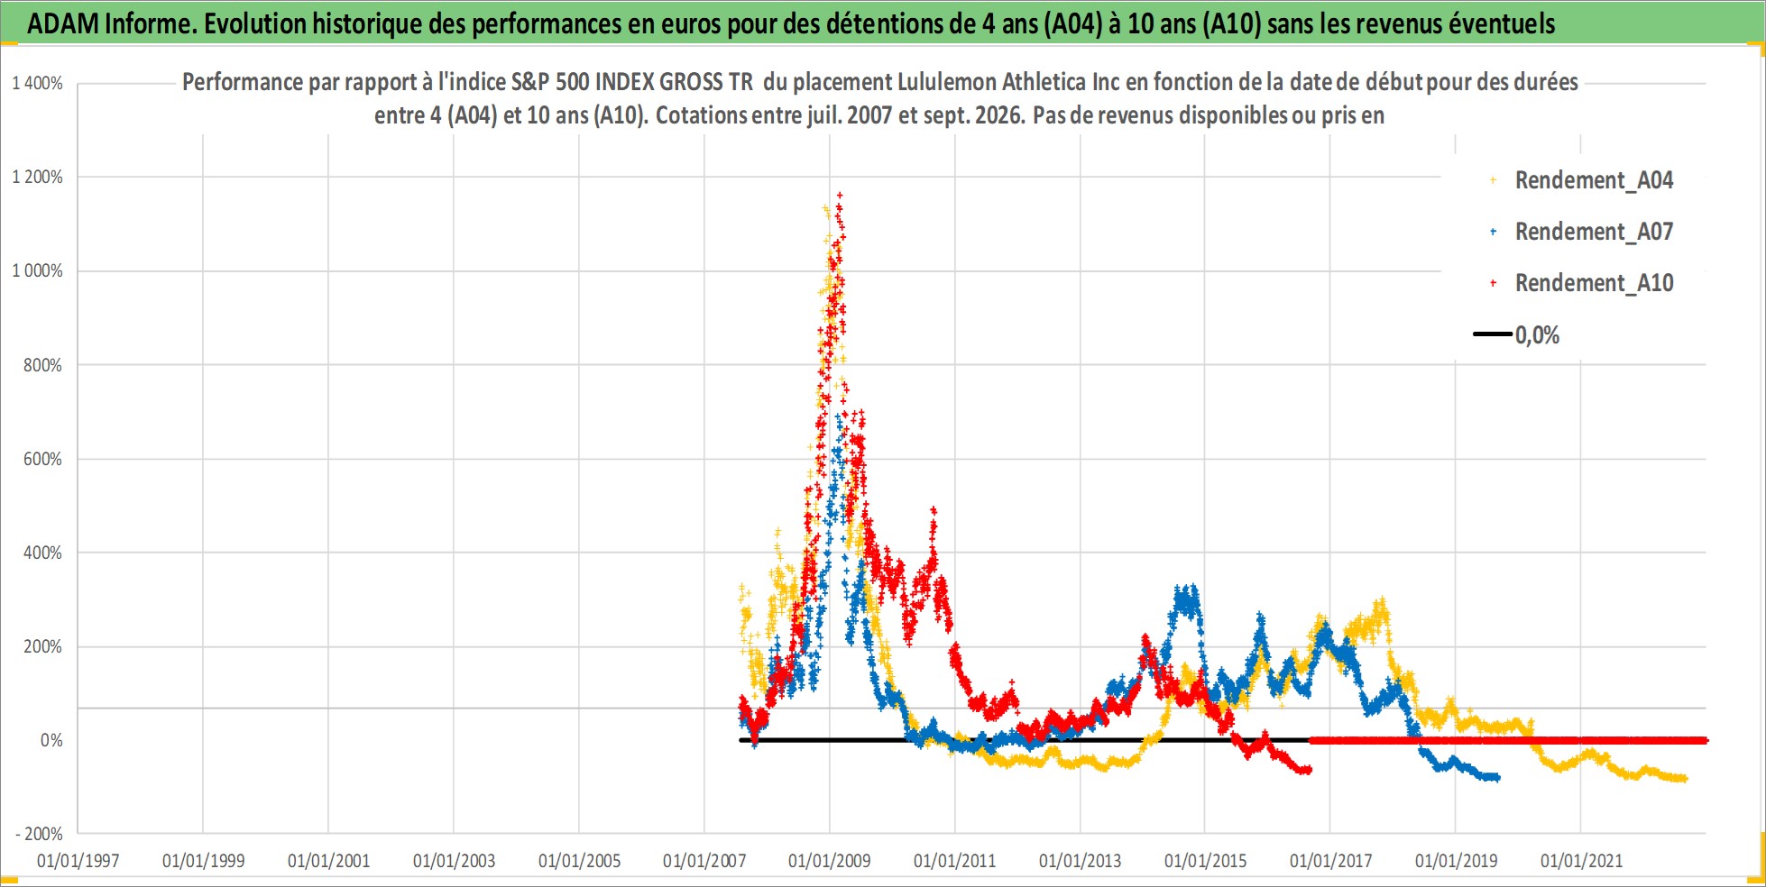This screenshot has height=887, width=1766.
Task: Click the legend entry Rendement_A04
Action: tap(1594, 180)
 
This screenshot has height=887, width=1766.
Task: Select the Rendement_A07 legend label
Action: tap(1594, 232)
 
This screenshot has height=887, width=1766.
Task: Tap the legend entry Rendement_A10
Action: tap(1594, 283)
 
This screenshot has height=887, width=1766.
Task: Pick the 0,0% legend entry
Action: tap(1537, 335)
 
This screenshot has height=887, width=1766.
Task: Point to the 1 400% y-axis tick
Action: tap(37, 83)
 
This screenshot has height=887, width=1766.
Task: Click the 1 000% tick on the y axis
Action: tap(37, 270)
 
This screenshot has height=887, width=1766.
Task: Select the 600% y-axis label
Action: tap(42, 459)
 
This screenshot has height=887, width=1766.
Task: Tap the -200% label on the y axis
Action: tap(39, 834)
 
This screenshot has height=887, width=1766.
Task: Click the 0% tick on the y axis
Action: tap(51, 740)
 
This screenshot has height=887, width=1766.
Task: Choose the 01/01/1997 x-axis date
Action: tap(78, 861)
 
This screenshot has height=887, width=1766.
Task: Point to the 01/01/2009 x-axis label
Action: tap(830, 861)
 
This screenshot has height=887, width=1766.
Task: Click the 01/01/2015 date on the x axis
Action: tap(1205, 861)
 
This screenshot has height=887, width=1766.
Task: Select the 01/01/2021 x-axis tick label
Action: tap(1581, 861)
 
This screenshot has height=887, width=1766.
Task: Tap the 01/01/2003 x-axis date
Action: tap(454, 861)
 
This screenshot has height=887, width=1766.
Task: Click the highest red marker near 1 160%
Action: tap(840, 194)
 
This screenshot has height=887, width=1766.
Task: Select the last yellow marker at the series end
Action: tap(1684, 779)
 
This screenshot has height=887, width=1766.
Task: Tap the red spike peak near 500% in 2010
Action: tap(934, 509)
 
